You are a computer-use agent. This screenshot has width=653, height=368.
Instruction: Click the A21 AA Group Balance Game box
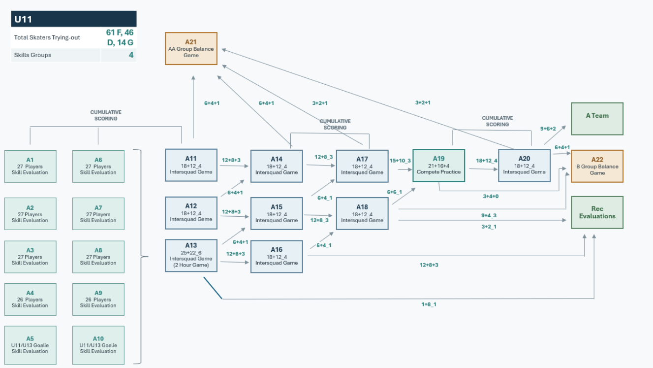pyautogui.click(x=191, y=48)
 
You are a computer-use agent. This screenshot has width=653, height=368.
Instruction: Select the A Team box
pyautogui.click(x=597, y=119)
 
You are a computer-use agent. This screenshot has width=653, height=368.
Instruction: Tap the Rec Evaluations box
pyautogui.click(x=597, y=212)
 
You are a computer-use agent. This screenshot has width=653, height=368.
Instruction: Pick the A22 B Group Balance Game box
pyautogui.click(x=597, y=167)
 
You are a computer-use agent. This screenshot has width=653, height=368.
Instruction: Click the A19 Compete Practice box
pyautogui.click(x=439, y=166)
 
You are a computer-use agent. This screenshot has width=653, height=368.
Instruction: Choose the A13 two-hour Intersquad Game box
pyautogui.click(x=191, y=256)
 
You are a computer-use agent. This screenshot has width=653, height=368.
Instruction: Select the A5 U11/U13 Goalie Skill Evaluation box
pyautogui.click(x=31, y=345)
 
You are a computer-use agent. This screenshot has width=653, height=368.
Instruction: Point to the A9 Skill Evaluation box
pyautogui.click(x=98, y=300)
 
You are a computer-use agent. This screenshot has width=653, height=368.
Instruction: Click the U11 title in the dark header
pyautogui.click(x=23, y=19)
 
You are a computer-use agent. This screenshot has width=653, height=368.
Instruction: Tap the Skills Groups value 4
pyautogui.click(x=131, y=55)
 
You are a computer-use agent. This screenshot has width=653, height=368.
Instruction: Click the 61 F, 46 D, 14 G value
pyautogui.click(x=120, y=37)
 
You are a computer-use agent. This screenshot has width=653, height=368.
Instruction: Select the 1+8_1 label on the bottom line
pyautogui.click(x=429, y=304)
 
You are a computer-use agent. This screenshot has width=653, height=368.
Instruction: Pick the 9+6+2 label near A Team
pyautogui.click(x=548, y=129)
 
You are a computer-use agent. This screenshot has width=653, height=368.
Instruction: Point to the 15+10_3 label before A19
pyautogui.click(x=400, y=161)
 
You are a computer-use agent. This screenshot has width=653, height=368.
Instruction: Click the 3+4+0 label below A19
pyautogui.click(x=491, y=197)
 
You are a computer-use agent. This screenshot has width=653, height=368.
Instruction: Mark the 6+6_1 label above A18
pyautogui.click(x=395, y=192)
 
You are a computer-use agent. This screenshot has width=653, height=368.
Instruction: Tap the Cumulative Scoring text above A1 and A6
pyautogui.click(x=106, y=115)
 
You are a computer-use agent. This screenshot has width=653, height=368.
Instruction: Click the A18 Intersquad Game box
pyautogui.click(x=362, y=214)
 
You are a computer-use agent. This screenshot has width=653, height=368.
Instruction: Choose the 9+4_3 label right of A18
pyautogui.click(x=489, y=215)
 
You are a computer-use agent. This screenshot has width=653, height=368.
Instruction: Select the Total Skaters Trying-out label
pyautogui.click(x=47, y=37)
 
